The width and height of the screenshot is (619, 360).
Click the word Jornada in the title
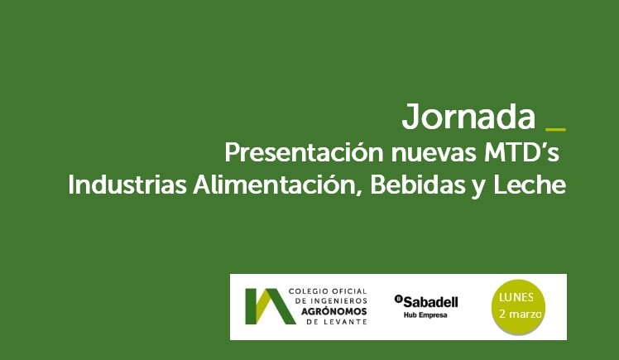(x=468, y=118)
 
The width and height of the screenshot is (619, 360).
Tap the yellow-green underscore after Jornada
(x=555, y=129)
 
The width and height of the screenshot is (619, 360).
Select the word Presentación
(x=304, y=153)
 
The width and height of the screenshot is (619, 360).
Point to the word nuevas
(x=434, y=154)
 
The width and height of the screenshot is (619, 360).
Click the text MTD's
(x=521, y=153)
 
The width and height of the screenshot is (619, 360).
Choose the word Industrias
(x=127, y=185)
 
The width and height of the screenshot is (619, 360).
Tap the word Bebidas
(x=418, y=185)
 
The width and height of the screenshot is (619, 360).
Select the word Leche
(x=530, y=185)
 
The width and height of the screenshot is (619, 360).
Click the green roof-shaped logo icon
(x=270, y=306)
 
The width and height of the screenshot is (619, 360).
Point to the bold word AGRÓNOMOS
(x=334, y=311)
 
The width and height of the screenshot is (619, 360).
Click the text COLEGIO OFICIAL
(x=328, y=291)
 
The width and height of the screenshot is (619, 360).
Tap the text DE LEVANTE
(x=337, y=322)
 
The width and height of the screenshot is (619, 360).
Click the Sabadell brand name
(x=430, y=302)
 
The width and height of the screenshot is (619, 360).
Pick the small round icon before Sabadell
(x=398, y=300)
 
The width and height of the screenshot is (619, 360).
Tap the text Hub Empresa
(x=425, y=315)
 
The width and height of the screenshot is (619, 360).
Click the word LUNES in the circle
(x=516, y=298)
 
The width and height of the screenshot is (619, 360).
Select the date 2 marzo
(x=520, y=314)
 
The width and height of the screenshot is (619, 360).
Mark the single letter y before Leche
(x=479, y=187)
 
